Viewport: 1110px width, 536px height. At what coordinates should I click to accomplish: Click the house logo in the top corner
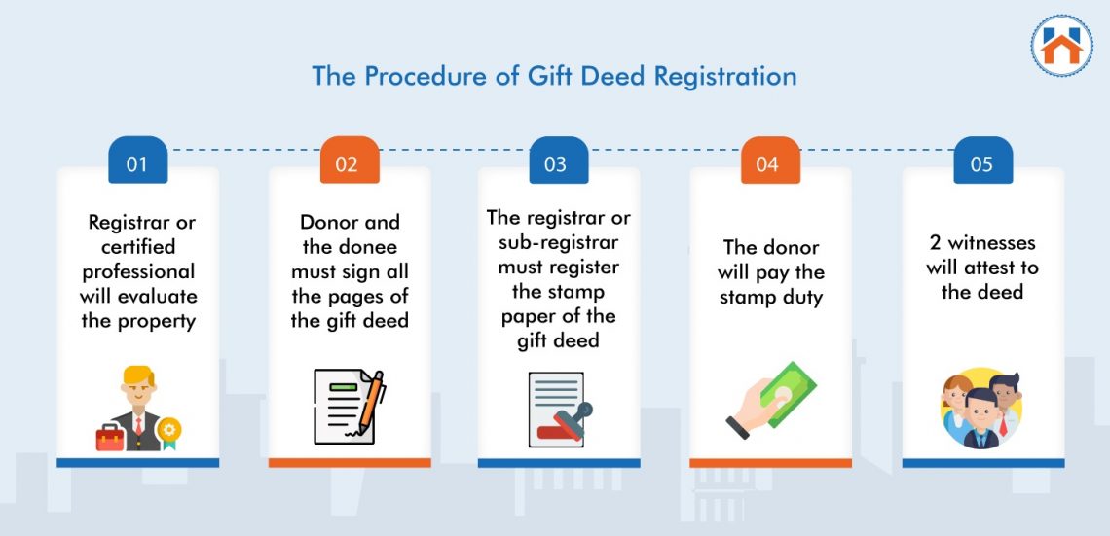tap(1061, 45)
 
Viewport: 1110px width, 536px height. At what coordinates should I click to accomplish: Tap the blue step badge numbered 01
tap(136, 163)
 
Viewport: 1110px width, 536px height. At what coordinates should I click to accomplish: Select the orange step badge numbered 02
tap(347, 163)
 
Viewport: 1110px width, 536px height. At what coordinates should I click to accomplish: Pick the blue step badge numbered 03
tap(556, 163)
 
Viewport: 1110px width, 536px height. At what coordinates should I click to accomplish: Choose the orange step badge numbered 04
tap(767, 163)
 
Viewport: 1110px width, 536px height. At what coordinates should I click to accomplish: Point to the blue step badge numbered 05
tap(980, 163)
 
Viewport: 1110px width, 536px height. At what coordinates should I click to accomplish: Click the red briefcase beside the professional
tap(110, 437)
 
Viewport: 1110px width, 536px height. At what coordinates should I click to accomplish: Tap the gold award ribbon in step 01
tap(170, 430)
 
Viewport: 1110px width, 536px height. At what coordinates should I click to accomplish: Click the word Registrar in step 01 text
tap(129, 223)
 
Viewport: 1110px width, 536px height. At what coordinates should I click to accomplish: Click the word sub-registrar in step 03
tap(559, 241)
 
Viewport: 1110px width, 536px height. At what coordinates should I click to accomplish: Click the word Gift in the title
tap(552, 76)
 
